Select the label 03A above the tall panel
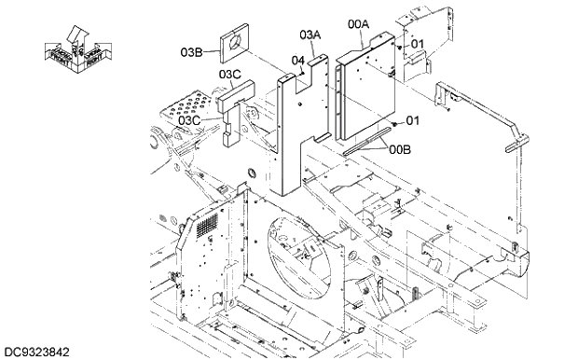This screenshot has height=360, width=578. [310, 35]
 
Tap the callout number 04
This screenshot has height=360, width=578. [297, 61]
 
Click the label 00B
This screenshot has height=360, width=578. [400, 148]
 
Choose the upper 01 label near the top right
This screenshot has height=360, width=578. [417, 43]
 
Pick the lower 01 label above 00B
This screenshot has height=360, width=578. [412, 120]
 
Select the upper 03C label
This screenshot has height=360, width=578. [230, 73]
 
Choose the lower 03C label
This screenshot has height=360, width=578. [190, 119]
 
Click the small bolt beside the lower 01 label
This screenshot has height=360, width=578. [396, 121]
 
